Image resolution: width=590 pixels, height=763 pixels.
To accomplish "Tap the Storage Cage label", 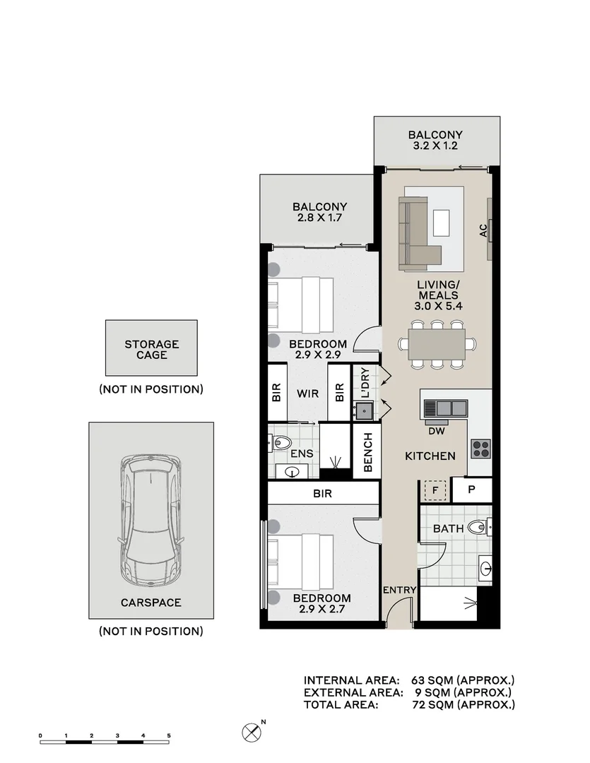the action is click(151, 350).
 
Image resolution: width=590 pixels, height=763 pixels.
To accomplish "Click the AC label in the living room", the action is click(483, 230).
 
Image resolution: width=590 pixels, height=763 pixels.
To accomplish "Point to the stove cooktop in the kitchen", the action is click(480, 449).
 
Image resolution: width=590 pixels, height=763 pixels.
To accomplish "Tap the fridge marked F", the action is click(435, 490).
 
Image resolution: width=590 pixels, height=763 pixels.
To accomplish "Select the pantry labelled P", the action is click(471, 490).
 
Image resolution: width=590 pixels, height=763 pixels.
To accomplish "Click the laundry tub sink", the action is click(364, 411).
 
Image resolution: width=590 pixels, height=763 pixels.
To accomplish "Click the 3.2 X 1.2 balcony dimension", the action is click(435, 146).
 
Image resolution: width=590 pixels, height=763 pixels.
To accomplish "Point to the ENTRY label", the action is click(400, 590).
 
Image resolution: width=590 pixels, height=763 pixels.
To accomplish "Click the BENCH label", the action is click(367, 453).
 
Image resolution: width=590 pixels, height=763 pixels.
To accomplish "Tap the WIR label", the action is click(307, 394).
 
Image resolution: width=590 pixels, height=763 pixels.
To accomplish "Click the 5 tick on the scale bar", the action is click(169, 735).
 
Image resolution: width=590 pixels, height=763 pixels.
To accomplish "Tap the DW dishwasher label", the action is click(437, 431).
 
